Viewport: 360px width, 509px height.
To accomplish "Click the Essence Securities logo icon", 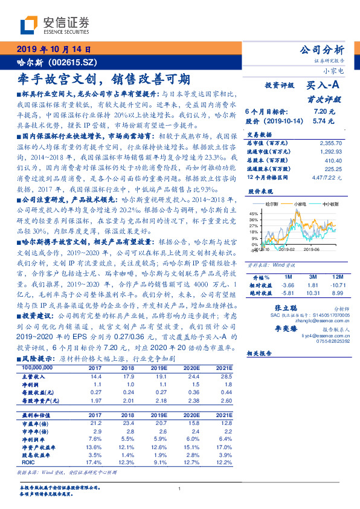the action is (30, 25).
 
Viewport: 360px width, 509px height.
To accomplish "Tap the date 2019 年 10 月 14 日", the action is (53, 50).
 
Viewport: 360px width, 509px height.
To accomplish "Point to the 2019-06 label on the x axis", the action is (311, 248).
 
